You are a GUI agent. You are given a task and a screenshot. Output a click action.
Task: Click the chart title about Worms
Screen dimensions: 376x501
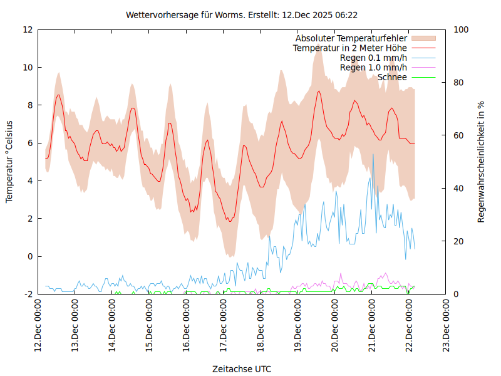coord(242,14)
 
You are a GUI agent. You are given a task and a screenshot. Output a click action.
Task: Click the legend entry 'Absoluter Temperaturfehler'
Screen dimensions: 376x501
coord(351,38)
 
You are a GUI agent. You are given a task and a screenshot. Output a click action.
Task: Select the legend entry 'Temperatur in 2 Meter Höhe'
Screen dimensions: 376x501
coord(350,48)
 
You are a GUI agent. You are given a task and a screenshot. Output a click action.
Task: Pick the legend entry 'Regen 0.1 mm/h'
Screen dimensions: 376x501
coord(373,58)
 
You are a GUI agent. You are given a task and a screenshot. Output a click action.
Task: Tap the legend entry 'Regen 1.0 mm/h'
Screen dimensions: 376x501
coord(373,68)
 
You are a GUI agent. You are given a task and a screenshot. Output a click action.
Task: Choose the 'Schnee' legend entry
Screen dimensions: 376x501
coord(392,77)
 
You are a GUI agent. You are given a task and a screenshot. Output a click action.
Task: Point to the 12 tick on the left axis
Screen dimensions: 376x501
coord(28,29)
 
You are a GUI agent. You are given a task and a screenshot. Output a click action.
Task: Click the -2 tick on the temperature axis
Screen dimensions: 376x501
coord(28,294)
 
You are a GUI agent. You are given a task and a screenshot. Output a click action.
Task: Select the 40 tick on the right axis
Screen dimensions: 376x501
coord(458,188)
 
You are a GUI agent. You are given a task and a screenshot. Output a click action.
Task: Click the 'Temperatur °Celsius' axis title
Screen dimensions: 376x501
coord(9,162)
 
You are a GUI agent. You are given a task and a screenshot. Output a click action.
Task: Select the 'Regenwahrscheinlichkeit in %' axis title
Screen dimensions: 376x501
coord(482,162)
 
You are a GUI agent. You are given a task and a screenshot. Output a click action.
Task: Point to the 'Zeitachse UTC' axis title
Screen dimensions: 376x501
coord(242,369)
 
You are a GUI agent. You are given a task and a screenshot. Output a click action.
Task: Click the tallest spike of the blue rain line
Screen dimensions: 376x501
coord(373,154)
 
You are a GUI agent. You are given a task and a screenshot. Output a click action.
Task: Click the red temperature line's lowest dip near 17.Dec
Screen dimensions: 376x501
coord(230,221)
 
